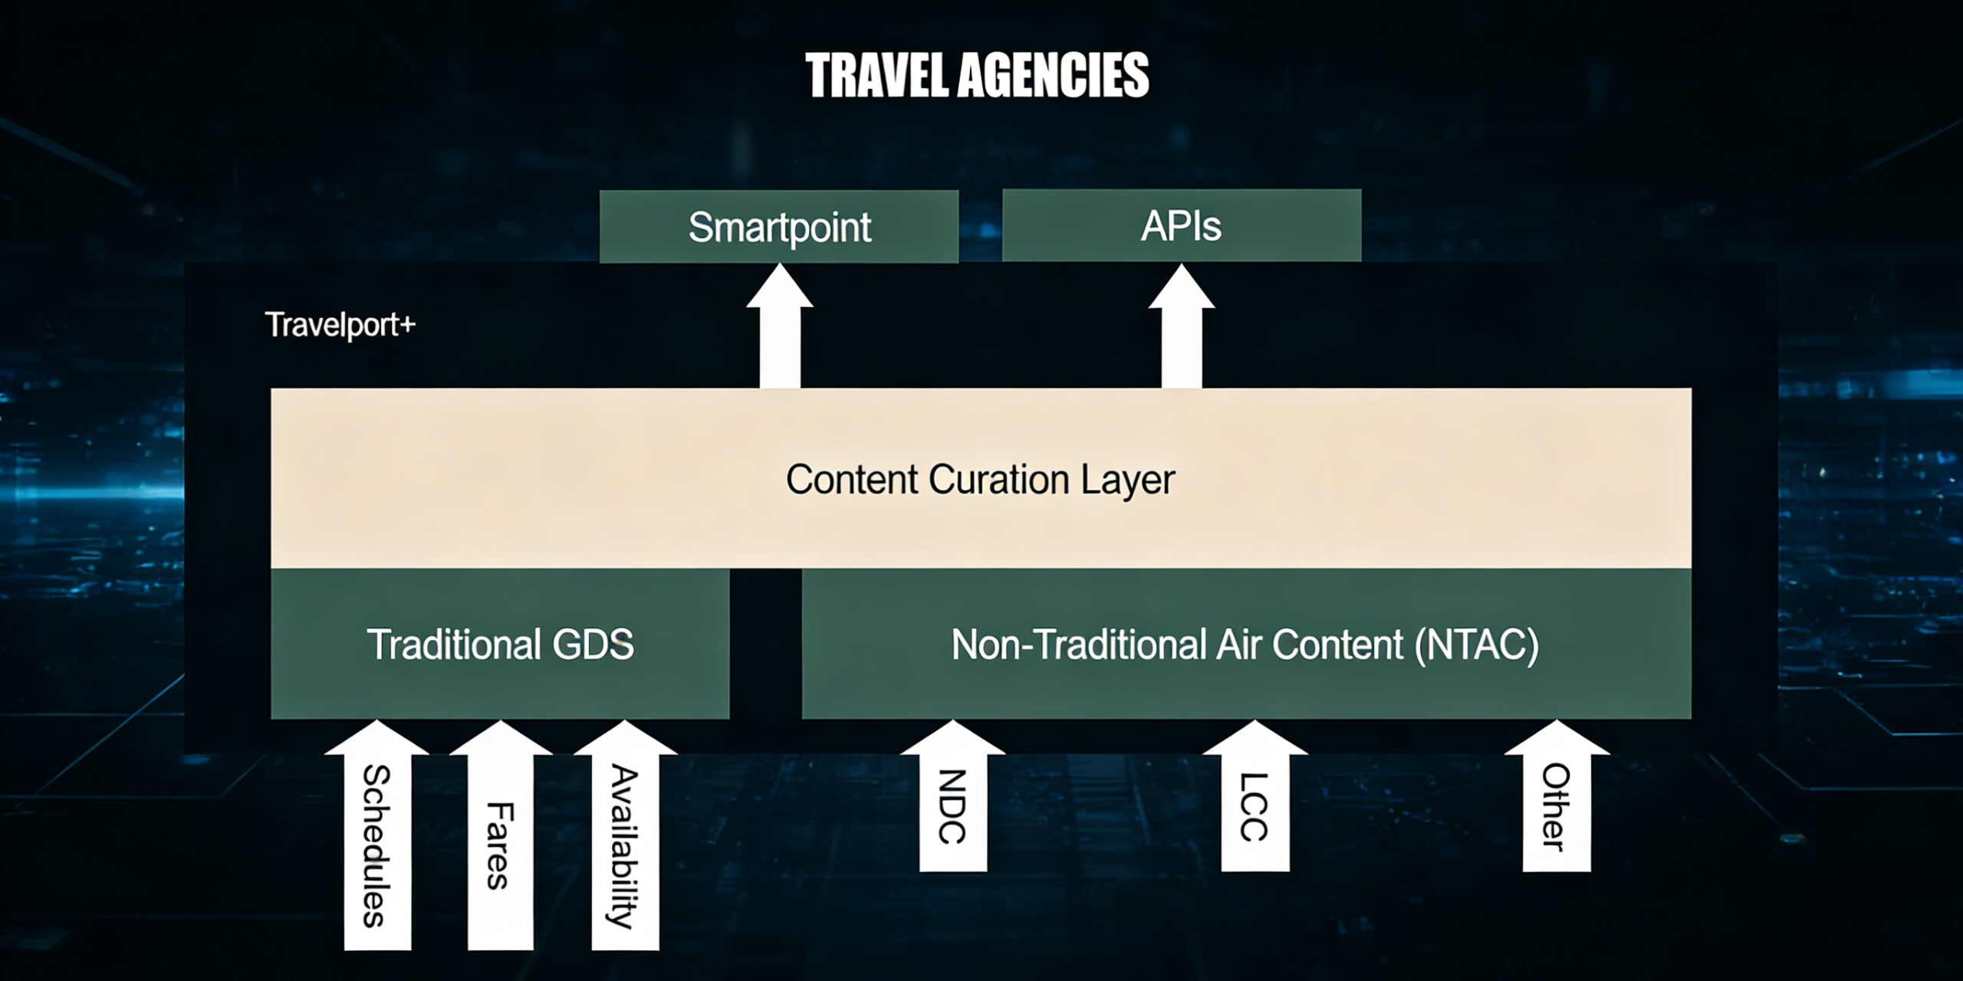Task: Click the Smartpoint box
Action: pyautogui.click(x=779, y=227)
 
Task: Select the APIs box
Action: pyautogui.click(x=1182, y=226)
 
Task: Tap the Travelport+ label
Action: pyautogui.click(x=340, y=325)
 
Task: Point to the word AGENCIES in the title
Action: pyautogui.click(x=1054, y=75)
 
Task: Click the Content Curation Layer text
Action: pyautogui.click(x=981, y=481)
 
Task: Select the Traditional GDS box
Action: pyautogui.click(x=500, y=644)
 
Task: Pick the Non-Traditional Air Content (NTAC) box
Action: pyautogui.click(x=1246, y=644)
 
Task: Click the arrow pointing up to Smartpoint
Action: pyautogui.click(x=780, y=326)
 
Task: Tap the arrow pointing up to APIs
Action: pyautogui.click(x=1182, y=326)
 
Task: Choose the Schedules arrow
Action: pyautogui.click(x=376, y=835)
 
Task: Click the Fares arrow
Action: pyautogui.click(x=501, y=835)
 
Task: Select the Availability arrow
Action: pyautogui.click(x=625, y=835)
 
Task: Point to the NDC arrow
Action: pyautogui.click(x=952, y=796)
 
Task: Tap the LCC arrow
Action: pyautogui.click(x=1254, y=796)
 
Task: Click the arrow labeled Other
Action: pyautogui.click(x=1557, y=796)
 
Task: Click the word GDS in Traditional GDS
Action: pyautogui.click(x=594, y=645)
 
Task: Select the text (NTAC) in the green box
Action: pyautogui.click(x=1476, y=645)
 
